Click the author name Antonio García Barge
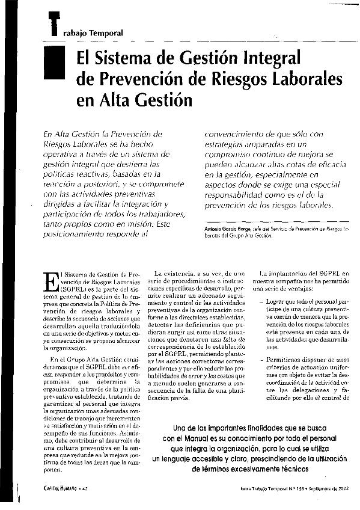click(x=231, y=229)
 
